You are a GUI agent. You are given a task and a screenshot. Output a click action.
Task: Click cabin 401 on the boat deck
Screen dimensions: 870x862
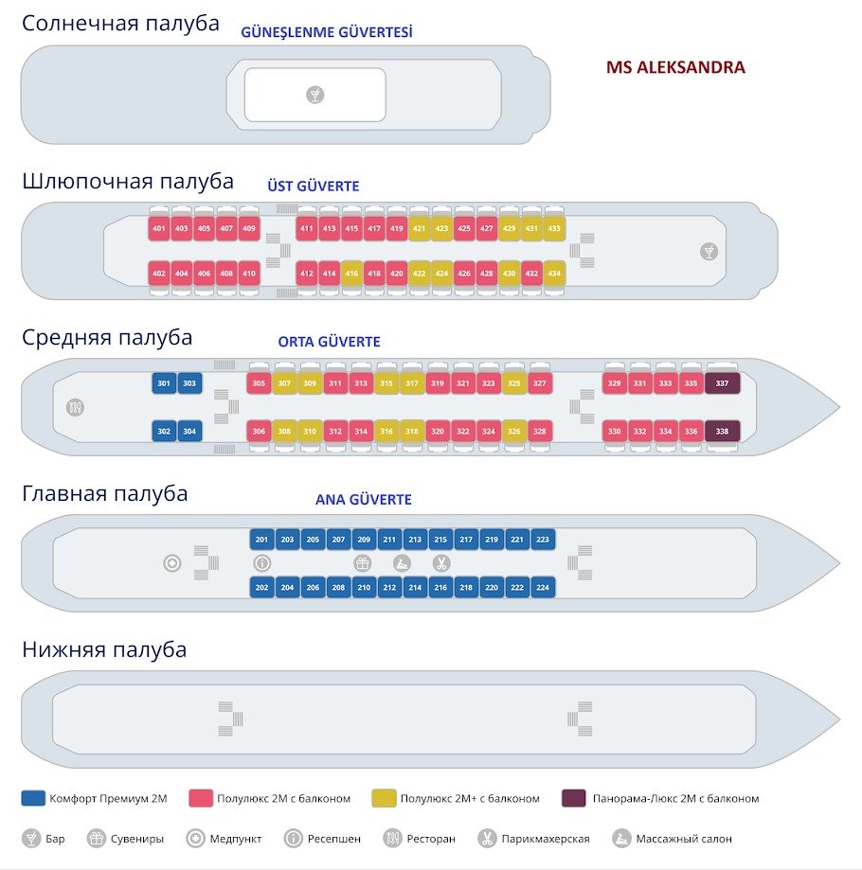pyautogui.click(x=159, y=229)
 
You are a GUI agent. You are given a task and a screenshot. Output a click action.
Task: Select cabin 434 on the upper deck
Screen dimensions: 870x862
pyautogui.click(x=554, y=275)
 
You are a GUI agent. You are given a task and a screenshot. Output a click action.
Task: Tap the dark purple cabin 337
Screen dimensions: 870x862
pyautogui.click(x=723, y=383)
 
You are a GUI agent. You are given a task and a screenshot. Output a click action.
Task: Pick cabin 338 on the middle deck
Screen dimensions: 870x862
pyautogui.click(x=723, y=432)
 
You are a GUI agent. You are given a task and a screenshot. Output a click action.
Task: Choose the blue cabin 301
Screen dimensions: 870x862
pyautogui.click(x=164, y=383)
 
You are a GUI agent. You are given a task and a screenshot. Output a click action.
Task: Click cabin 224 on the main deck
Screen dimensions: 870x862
pyautogui.click(x=542, y=588)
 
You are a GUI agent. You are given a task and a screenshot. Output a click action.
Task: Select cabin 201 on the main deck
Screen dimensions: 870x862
pyautogui.click(x=262, y=540)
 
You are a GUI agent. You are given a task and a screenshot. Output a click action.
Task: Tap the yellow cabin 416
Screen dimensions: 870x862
pyautogui.click(x=351, y=275)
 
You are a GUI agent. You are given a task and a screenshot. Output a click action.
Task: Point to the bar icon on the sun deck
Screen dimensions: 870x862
pyautogui.click(x=315, y=95)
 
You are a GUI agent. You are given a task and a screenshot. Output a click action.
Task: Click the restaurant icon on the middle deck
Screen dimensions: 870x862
pyautogui.click(x=76, y=408)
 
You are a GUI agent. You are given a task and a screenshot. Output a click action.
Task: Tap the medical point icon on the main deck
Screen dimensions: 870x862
pyautogui.click(x=172, y=563)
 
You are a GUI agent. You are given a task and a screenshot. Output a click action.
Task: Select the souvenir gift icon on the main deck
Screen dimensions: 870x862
pyautogui.click(x=363, y=563)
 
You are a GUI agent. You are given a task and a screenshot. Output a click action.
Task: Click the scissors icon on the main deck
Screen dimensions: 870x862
pyautogui.click(x=440, y=563)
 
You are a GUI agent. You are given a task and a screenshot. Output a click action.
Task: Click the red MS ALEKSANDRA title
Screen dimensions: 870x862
pyautogui.click(x=675, y=68)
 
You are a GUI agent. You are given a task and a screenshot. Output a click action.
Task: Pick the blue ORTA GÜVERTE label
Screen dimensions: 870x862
pyautogui.click(x=329, y=342)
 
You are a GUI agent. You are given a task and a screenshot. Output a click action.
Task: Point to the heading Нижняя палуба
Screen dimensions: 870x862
pyautogui.click(x=104, y=649)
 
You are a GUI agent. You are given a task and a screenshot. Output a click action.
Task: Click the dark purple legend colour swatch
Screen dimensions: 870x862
pyautogui.click(x=574, y=798)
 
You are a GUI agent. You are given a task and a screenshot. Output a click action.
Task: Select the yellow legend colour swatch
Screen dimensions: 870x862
pyautogui.click(x=384, y=798)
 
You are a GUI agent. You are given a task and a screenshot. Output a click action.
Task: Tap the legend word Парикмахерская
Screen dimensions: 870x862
pyautogui.click(x=547, y=839)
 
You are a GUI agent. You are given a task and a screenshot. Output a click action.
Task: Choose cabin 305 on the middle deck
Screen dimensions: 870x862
pyautogui.click(x=259, y=383)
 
